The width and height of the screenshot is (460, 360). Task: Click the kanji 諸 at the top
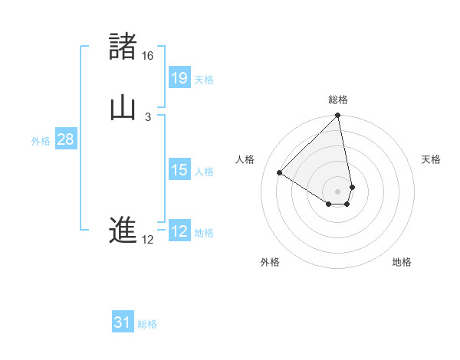click(123, 47)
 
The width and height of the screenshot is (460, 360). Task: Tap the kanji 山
click(123, 109)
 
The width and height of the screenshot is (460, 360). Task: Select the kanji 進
click(123, 231)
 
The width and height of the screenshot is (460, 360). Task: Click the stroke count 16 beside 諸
click(148, 56)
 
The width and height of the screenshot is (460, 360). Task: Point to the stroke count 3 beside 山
click(148, 117)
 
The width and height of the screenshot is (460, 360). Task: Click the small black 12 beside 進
click(148, 240)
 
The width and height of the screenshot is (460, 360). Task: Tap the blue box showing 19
click(179, 77)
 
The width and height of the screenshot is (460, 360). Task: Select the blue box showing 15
click(179, 170)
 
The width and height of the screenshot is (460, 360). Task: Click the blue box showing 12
click(179, 231)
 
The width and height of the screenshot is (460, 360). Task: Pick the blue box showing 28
click(65, 139)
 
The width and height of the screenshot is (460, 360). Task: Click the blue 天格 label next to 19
click(204, 80)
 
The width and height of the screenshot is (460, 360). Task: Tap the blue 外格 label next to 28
click(41, 141)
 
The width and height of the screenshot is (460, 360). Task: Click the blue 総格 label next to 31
click(147, 324)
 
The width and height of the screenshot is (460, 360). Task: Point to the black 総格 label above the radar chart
click(338, 100)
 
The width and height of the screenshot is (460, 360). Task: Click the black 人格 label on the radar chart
click(245, 159)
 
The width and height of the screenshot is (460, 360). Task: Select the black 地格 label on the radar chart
click(402, 262)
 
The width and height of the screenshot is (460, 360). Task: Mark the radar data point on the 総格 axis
click(338, 116)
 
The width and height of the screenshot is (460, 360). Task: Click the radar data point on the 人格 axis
click(280, 172)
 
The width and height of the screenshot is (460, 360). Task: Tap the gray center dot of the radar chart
click(338, 191)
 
